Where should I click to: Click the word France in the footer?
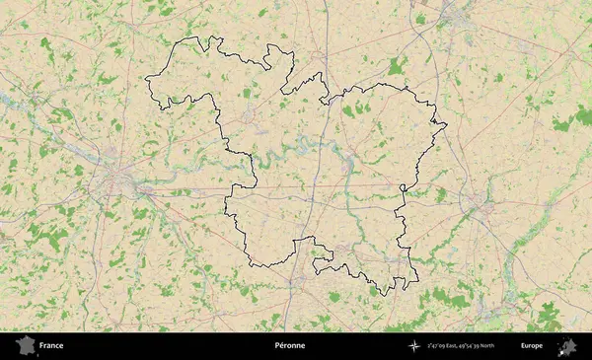51,346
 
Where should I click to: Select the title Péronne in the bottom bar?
290,346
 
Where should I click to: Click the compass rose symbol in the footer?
413,346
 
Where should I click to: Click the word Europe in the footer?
532,346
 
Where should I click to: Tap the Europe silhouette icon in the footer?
567,345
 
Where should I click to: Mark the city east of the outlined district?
480,207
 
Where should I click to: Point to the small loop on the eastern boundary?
403,187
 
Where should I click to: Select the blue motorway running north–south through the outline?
314,197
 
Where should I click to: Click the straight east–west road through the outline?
326,185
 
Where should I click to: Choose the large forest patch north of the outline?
397,67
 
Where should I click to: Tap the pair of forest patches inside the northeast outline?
355,109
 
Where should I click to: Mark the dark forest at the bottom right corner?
549,318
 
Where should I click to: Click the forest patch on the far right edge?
563,122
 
